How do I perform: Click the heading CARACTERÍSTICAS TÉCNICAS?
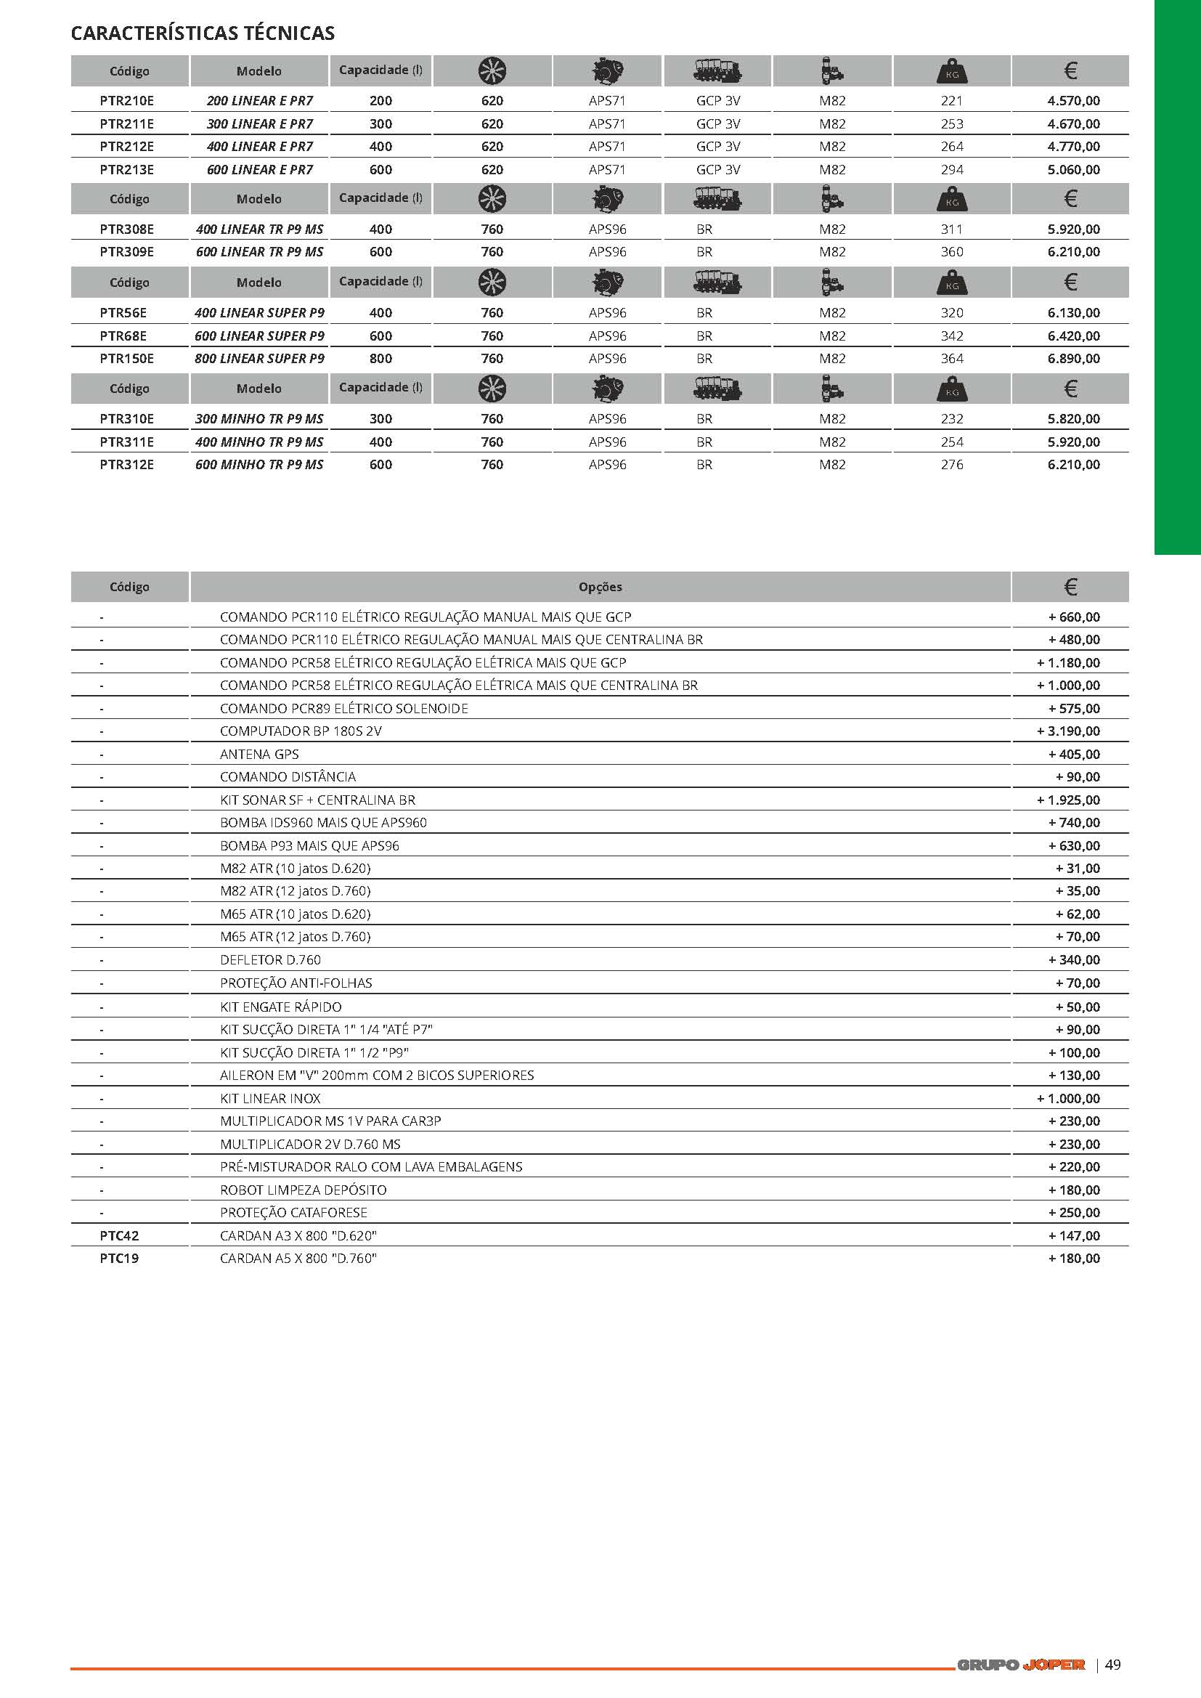click(x=203, y=33)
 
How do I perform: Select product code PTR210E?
click(x=126, y=100)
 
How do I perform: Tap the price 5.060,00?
click(x=1073, y=169)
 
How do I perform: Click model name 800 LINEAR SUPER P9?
click(x=258, y=359)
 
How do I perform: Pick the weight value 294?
click(x=952, y=169)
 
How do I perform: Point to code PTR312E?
click(x=126, y=464)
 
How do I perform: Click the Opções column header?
click(x=600, y=588)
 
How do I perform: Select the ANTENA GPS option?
click(x=258, y=755)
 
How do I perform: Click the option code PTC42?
click(x=119, y=1235)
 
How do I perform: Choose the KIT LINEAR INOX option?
click(x=270, y=1098)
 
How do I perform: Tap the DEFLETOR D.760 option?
click(x=270, y=959)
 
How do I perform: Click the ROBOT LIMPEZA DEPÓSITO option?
click(x=304, y=1189)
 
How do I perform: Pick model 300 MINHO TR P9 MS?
click(x=258, y=418)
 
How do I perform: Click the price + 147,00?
click(x=1074, y=1235)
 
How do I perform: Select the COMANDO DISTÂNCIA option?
click(x=288, y=776)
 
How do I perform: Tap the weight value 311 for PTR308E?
click(x=952, y=229)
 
